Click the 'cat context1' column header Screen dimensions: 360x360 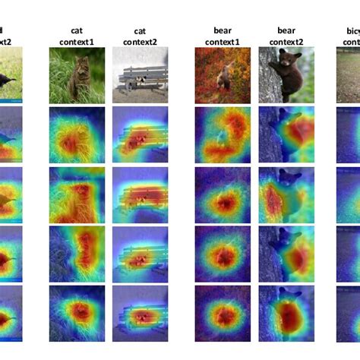tap(77, 35)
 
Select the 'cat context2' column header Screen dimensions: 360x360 tap(138, 35)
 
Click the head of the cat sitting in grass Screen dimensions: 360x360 tap(78, 67)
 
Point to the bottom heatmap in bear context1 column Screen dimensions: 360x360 tap(223, 312)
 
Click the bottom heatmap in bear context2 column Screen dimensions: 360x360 tap(285, 312)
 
